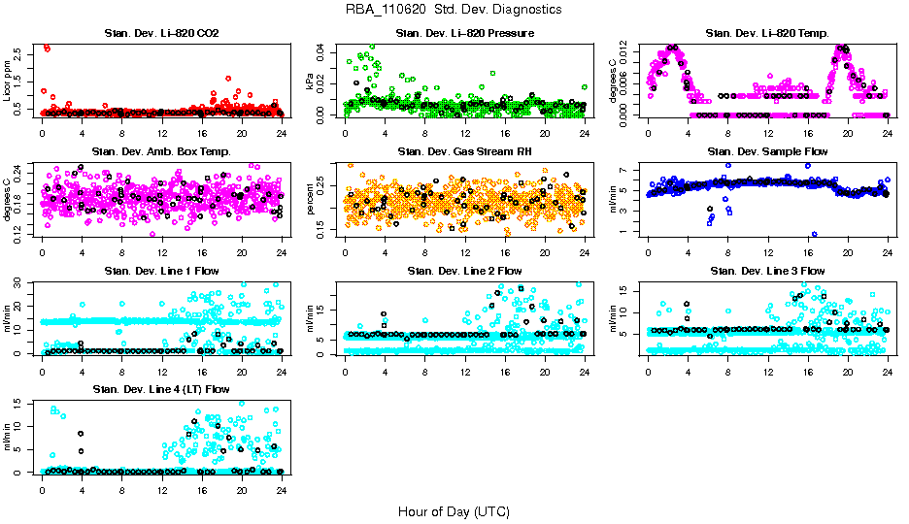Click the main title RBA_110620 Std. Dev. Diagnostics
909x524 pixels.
(x=453, y=10)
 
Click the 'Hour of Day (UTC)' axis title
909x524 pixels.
(x=454, y=510)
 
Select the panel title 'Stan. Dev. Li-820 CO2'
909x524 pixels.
(x=161, y=34)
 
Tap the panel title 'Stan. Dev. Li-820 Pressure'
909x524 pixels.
(x=464, y=34)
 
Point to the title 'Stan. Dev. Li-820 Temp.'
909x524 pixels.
(x=767, y=34)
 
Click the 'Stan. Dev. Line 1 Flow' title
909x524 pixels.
(x=161, y=271)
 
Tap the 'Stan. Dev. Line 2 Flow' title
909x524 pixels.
(x=464, y=271)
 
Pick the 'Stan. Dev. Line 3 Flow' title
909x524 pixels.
(x=767, y=271)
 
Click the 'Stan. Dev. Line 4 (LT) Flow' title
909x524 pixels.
(x=161, y=389)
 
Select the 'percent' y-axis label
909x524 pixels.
(x=311, y=199)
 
